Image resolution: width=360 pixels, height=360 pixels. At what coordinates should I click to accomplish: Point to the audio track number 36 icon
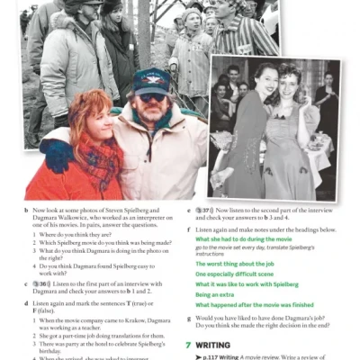point(40,283)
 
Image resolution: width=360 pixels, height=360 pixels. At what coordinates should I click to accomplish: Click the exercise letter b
point(26,210)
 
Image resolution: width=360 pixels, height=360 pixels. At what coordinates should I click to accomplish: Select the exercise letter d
point(26,304)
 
